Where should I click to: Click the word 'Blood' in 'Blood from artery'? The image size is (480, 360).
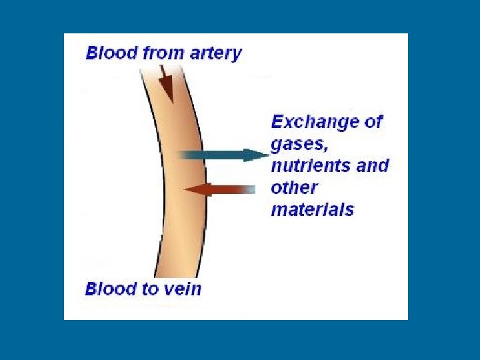click(x=110, y=53)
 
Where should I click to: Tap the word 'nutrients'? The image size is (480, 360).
click(x=311, y=166)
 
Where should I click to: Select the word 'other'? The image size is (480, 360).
click(x=294, y=187)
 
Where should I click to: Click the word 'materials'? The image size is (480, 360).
click(x=312, y=209)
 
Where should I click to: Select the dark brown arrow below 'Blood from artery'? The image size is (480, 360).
click(x=165, y=83)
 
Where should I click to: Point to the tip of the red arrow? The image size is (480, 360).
click(x=185, y=190)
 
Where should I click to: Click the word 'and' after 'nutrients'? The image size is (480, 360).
click(x=373, y=166)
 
